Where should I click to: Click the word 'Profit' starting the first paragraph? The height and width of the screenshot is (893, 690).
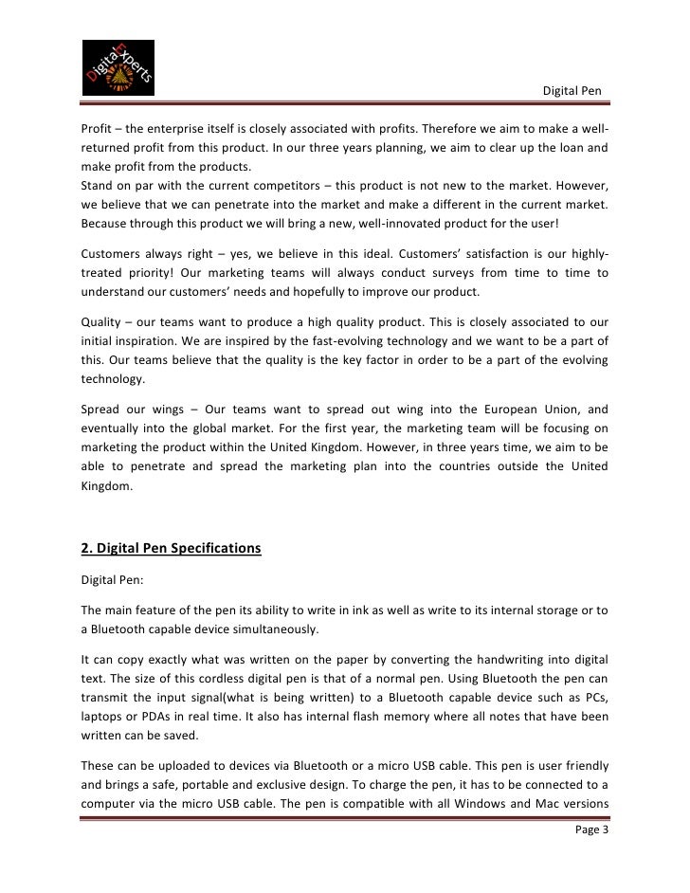pyautogui.click(x=96, y=128)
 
